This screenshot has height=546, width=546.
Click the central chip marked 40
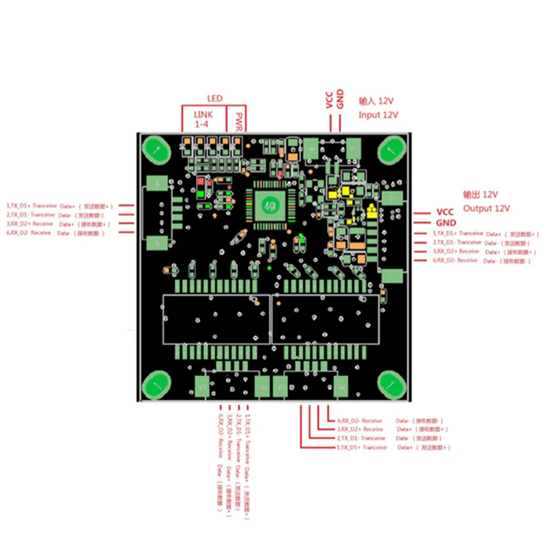270,203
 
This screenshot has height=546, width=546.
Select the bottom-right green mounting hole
392,386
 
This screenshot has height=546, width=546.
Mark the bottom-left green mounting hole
156,386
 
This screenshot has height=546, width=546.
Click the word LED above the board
214,98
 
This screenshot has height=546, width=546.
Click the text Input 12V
378,115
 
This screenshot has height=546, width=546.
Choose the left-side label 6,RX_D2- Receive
29,233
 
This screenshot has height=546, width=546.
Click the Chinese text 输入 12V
377,100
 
